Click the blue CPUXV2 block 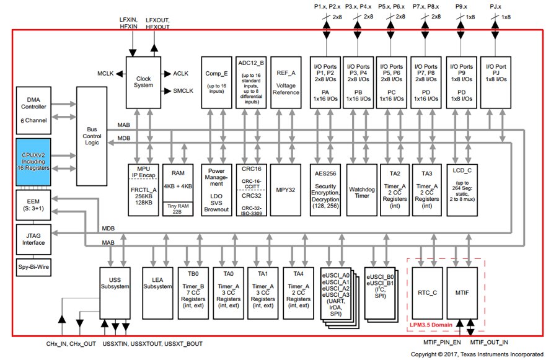point(33,162)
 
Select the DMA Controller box point(33,110)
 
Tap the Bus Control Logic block point(92,136)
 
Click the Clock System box point(143,82)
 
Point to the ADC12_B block point(251,82)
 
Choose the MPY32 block point(285,190)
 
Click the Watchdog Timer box point(361,190)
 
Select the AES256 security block point(325,190)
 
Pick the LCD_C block point(462,190)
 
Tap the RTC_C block point(427,293)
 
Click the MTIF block point(462,293)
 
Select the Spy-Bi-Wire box point(33,267)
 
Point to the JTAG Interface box point(33,239)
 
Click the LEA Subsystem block point(157,293)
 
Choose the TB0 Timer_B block point(193,293)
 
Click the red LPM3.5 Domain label point(431,325)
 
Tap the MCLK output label point(105,73)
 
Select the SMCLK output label point(183,91)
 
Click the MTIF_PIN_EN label point(442,343)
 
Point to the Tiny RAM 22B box point(178,209)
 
